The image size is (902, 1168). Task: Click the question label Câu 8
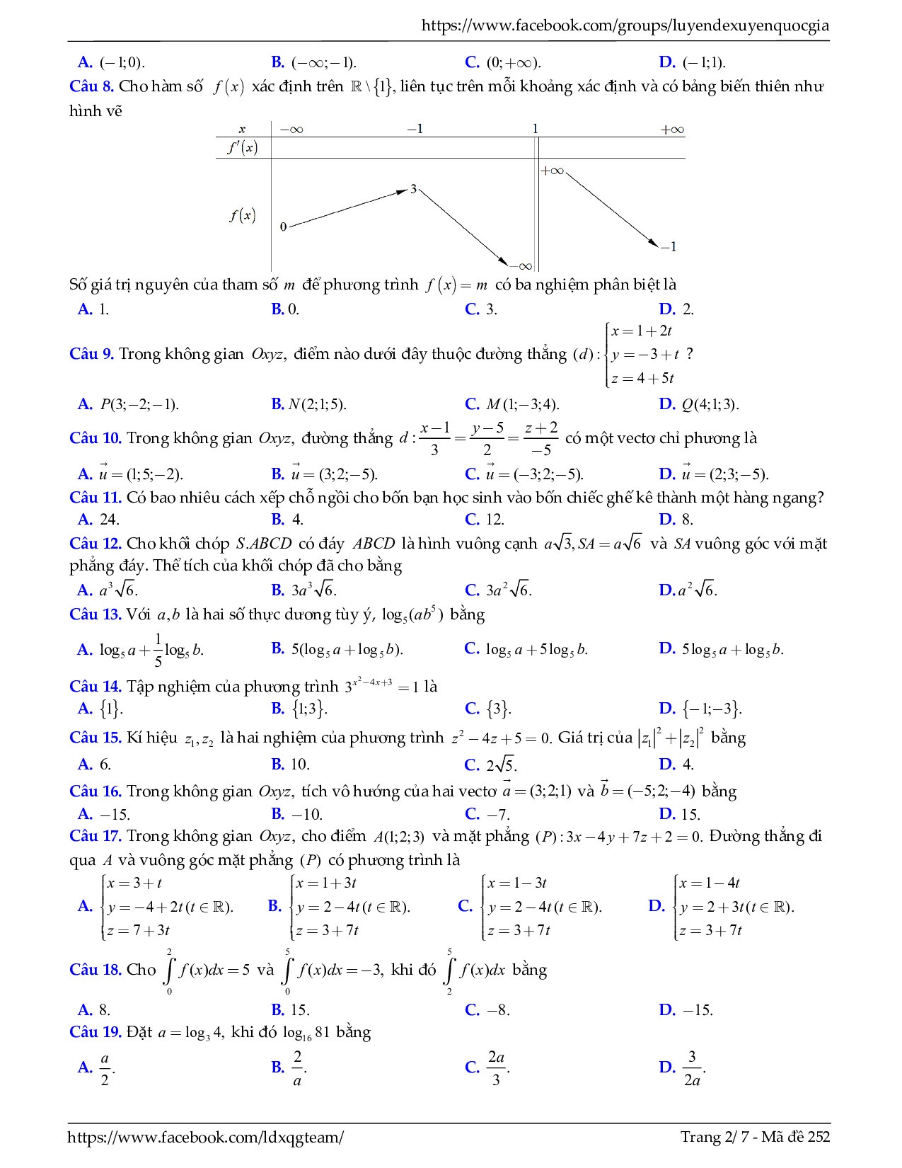tap(91, 87)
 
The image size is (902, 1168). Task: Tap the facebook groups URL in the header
tap(625, 26)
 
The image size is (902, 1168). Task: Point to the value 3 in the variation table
tap(413, 189)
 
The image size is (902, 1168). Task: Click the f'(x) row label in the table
tap(242, 147)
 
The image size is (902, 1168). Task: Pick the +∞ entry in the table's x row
tap(671, 130)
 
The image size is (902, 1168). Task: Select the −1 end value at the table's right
tap(669, 246)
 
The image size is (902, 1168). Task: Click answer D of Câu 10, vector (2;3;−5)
tap(724, 474)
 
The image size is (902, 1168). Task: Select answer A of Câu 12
tap(117, 590)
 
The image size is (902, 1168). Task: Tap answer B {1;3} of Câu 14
tap(309, 709)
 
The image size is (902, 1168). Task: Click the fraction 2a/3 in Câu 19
tap(496, 1067)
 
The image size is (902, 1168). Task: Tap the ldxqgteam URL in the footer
tap(205, 1137)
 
